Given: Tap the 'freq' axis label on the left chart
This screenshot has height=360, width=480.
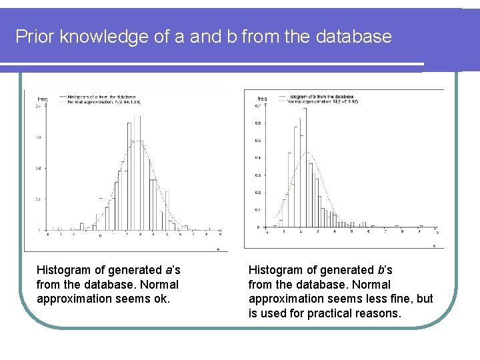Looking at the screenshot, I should [41, 99].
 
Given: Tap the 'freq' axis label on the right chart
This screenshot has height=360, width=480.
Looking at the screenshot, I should [262, 99].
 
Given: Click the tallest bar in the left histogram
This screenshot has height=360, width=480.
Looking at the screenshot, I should [137, 173].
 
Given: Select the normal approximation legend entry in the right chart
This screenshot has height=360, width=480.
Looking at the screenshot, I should [323, 101].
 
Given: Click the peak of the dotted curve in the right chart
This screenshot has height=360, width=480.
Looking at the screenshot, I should [307, 153].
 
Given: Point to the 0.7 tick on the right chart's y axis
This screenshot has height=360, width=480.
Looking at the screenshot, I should [257, 106].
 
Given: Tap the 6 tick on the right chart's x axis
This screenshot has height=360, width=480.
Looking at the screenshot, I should [369, 232].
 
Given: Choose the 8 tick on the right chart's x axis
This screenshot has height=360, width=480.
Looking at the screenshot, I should [403, 232].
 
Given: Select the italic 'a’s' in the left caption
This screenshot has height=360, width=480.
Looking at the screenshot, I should [172, 270].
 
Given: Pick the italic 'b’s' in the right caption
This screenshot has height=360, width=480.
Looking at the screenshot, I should [385, 270].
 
